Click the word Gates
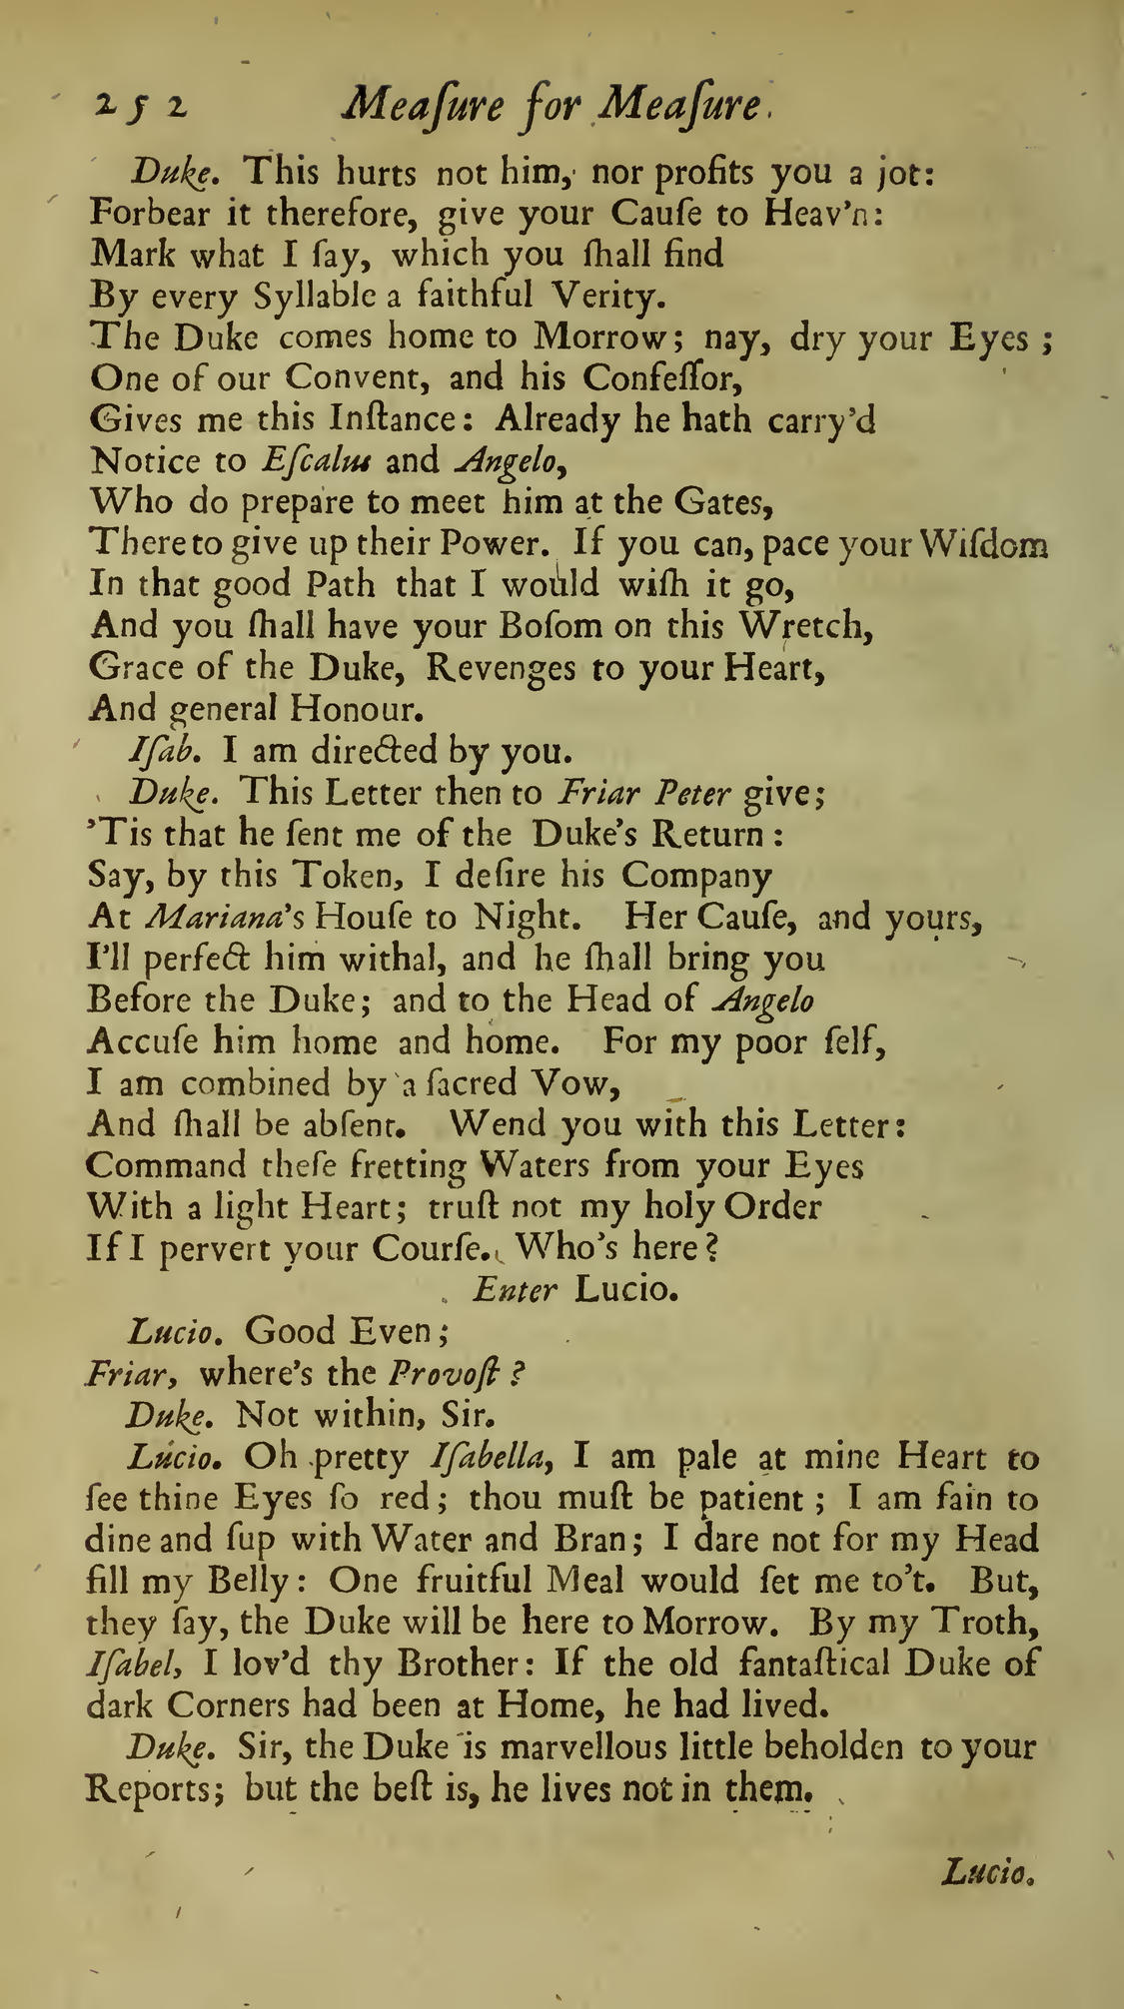722,502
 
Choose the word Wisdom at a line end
984,544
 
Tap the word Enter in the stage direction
516,1290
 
